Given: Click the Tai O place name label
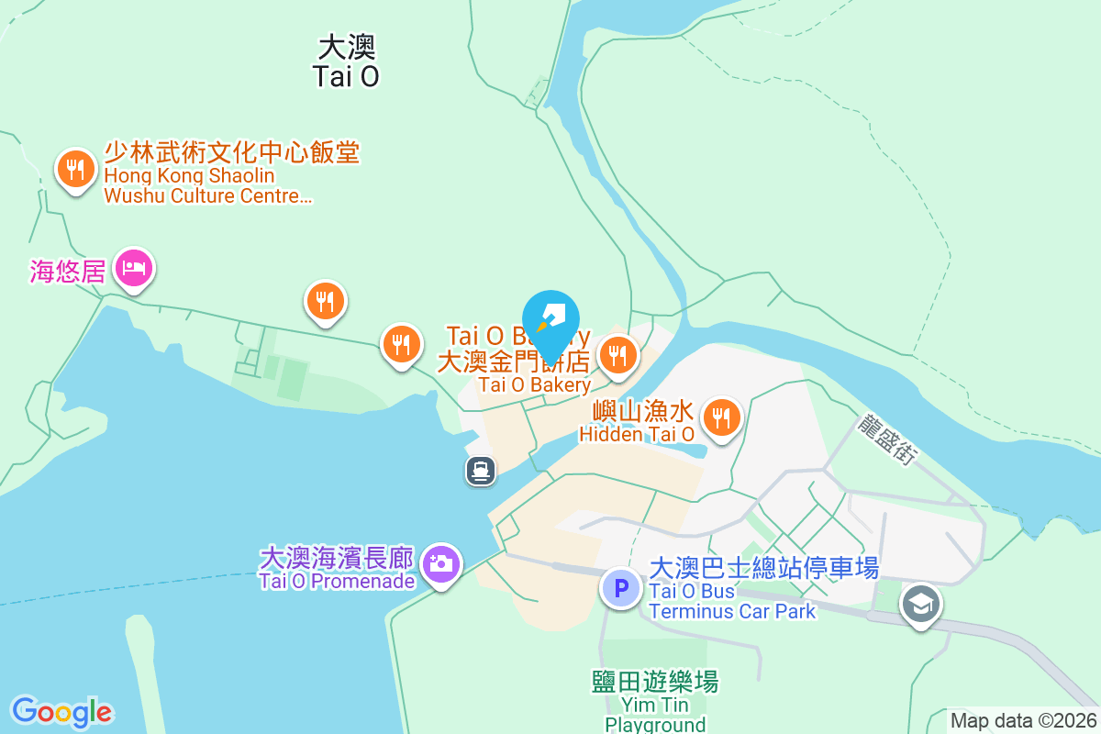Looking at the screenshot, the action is tap(346, 62).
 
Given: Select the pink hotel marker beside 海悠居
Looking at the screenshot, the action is tap(134, 268).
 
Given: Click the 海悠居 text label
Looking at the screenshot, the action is tap(67, 271).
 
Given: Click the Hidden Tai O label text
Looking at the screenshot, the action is tap(637, 434).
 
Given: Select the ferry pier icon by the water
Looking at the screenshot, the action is tap(481, 471).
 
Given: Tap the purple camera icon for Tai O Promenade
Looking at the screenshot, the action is tap(441, 562).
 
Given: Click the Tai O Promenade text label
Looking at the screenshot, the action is tap(337, 581).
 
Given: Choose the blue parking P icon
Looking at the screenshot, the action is tap(621, 588).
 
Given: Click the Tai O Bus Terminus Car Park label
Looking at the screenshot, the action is tap(731, 601).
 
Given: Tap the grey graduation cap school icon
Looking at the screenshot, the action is tap(920, 604).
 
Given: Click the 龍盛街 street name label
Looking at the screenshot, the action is tap(887, 439).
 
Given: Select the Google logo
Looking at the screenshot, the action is tap(61, 712).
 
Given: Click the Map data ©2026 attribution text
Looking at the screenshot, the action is tap(1023, 721).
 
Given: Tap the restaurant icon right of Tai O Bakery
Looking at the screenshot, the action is tap(618, 355).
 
